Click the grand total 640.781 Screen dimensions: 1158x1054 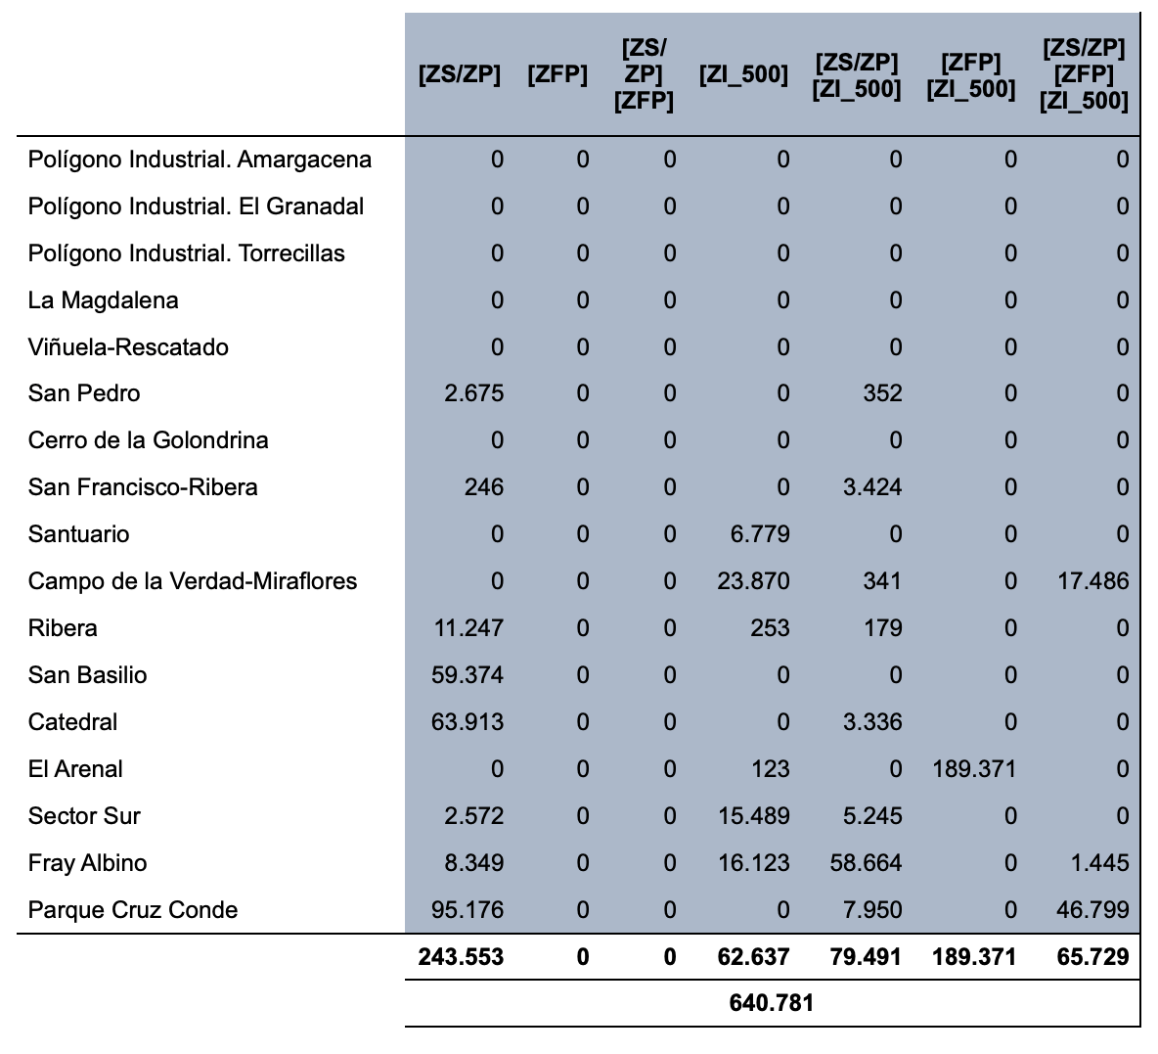point(771,1003)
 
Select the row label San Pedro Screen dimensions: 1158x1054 point(84,393)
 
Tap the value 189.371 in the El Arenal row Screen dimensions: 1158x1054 point(974,768)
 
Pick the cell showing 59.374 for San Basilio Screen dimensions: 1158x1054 point(468,675)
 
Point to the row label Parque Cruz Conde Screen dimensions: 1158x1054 point(133,910)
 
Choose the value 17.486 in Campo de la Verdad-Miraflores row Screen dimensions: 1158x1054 point(1093,581)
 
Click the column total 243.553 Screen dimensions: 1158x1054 point(461,957)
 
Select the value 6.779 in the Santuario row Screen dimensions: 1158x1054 point(760,533)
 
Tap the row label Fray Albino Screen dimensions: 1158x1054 point(87,862)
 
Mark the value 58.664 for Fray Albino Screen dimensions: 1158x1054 point(866,862)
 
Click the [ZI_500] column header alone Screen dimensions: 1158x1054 point(743,74)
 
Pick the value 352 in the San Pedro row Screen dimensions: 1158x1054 point(882,393)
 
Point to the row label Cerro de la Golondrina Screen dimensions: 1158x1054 point(148,440)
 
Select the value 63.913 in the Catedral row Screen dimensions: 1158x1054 point(468,721)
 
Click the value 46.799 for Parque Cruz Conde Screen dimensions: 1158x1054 point(1093,909)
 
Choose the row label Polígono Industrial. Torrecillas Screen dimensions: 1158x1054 point(186,253)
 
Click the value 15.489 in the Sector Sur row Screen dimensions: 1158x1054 point(754,816)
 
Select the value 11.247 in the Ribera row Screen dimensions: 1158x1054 point(468,628)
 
